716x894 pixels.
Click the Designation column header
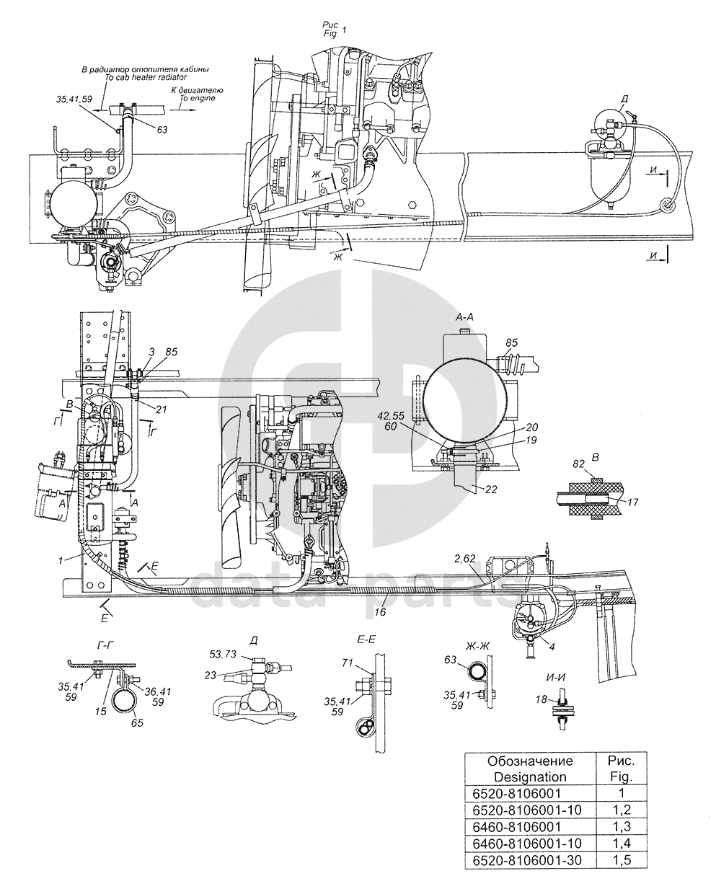pyautogui.click(x=530, y=769)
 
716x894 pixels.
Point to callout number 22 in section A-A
pyautogui.click(x=491, y=490)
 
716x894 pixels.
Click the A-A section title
pyautogui.click(x=464, y=317)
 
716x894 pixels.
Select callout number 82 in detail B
pyautogui.click(x=579, y=464)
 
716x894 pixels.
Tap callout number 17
pyautogui.click(x=632, y=503)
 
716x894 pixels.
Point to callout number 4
pyautogui.click(x=552, y=647)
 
